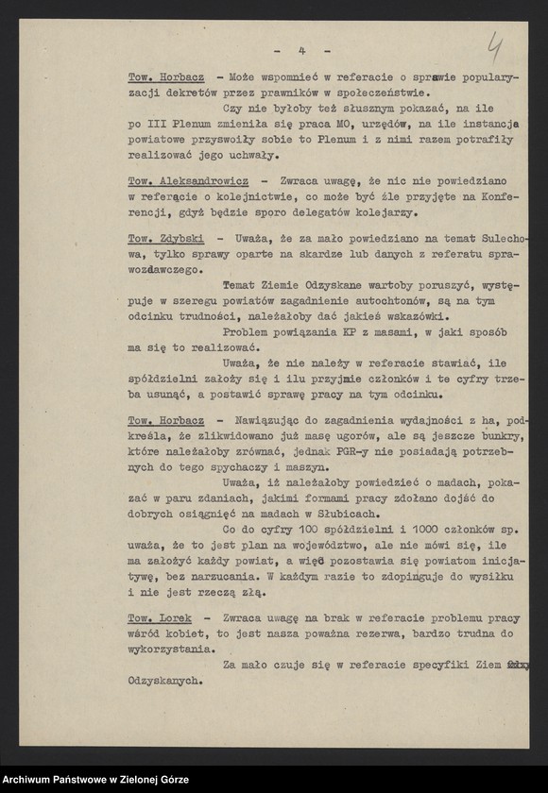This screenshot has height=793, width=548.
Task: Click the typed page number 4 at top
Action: tap(300, 50)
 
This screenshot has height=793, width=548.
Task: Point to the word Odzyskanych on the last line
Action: tap(161, 679)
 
